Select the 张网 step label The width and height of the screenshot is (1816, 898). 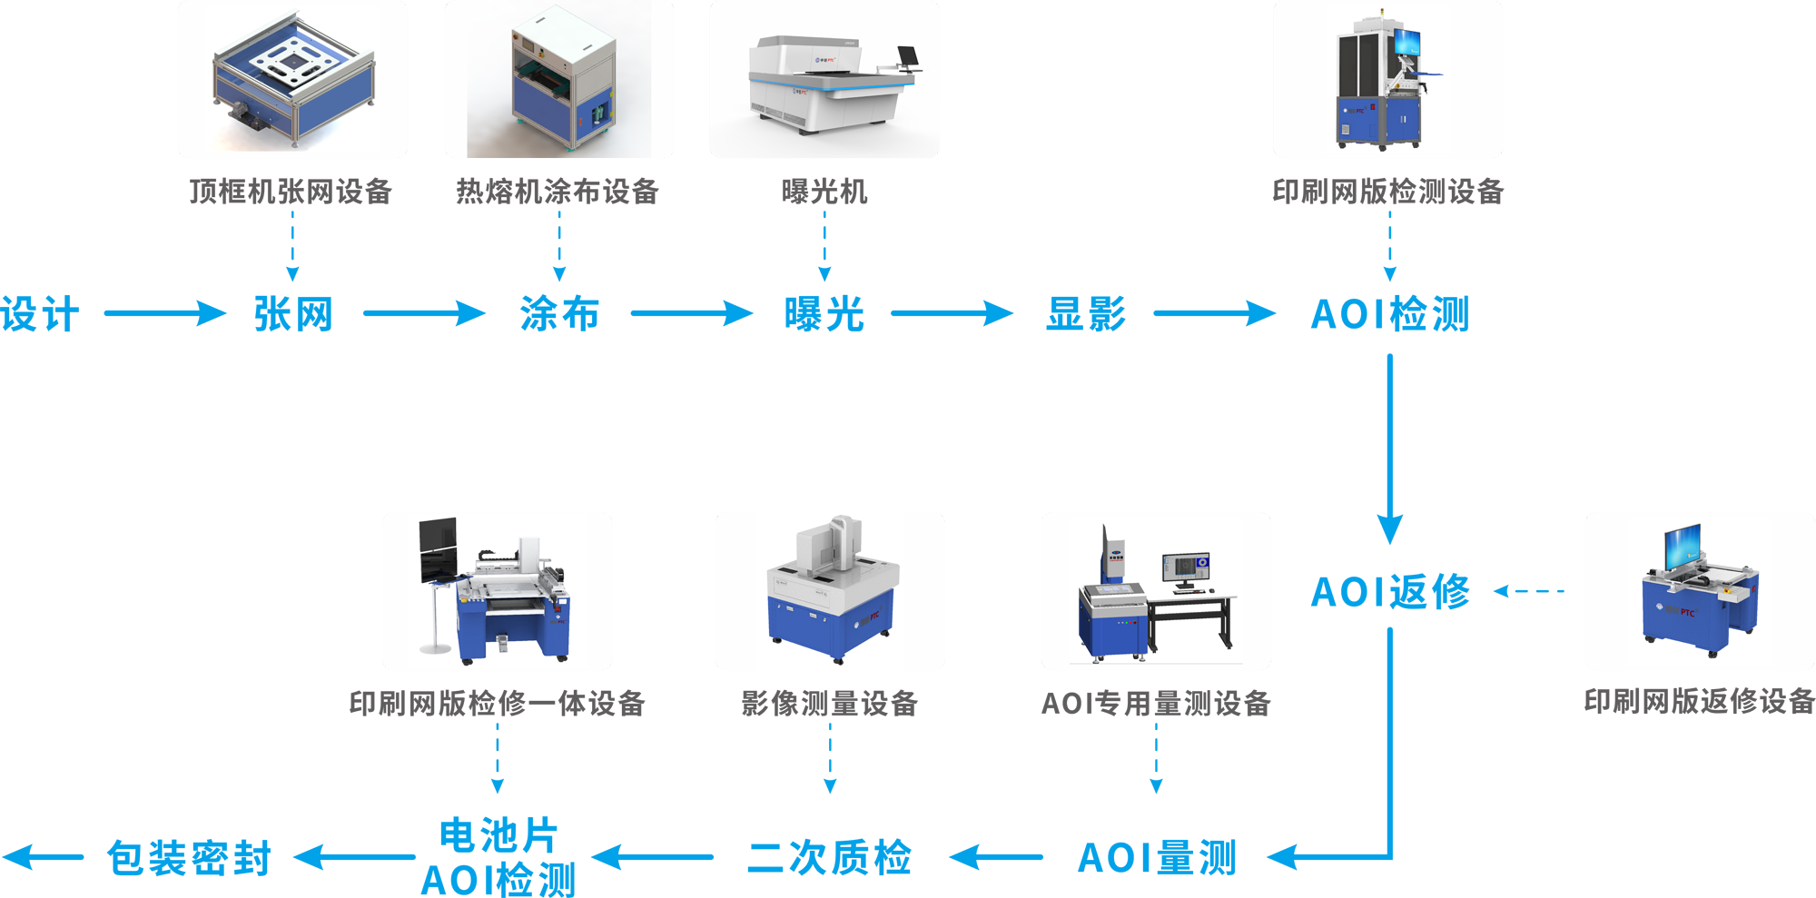(x=291, y=314)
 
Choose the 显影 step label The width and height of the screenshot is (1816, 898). (x=1086, y=314)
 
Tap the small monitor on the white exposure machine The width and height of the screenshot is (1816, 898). (x=908, y=55)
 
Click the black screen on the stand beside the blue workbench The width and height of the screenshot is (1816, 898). (x=438, y=549)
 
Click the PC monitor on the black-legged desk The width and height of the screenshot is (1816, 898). (x=1186, y=567)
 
